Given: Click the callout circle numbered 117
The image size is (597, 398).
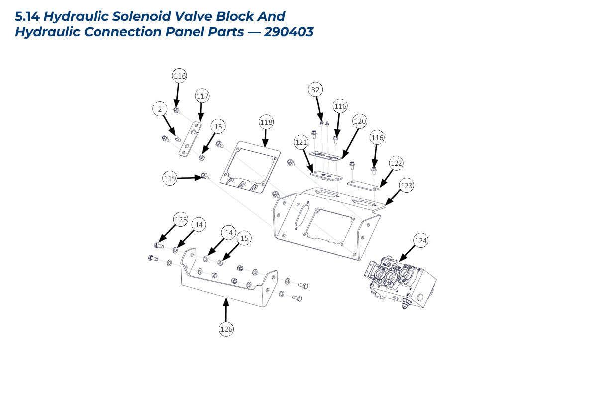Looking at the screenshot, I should click(202, 96).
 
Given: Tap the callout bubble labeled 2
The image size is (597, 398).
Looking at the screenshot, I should click(160, 109).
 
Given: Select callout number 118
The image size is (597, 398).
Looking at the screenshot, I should click(267, 122).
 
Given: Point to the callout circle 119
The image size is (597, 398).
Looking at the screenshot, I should click(170, 178).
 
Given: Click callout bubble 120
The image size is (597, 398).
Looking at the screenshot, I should click(360, 121).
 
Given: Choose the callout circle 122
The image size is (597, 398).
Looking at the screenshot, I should click(396, 163).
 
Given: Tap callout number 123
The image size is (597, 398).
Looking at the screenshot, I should click(407, 186).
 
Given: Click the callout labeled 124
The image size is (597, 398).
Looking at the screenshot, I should click(421, 241).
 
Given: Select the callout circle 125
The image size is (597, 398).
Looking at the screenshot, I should click(180, 219).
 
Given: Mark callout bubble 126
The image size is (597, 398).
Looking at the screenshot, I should click(226, 329).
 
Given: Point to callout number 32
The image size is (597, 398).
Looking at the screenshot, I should click(315, 90).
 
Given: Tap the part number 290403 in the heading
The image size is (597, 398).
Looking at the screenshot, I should click(289, 32).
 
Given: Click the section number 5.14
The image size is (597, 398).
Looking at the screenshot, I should click(27, 17).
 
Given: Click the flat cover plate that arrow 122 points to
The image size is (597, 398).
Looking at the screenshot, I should click(366, 185).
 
